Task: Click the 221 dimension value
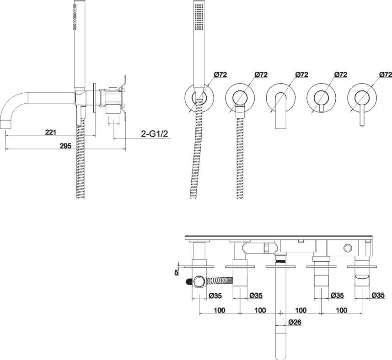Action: pos(50,132)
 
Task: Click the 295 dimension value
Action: pos(65,146)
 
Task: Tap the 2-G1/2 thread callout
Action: pos(155,134)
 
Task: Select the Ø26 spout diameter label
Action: pos(295,322)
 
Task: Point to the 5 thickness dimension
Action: pos(177,273)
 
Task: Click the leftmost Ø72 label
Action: pos(220,74)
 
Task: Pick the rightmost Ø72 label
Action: pos(386,74)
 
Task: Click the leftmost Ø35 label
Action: pos(215,296)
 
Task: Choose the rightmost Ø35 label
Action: pos(378,295)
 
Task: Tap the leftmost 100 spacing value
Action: pos(220,310)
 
